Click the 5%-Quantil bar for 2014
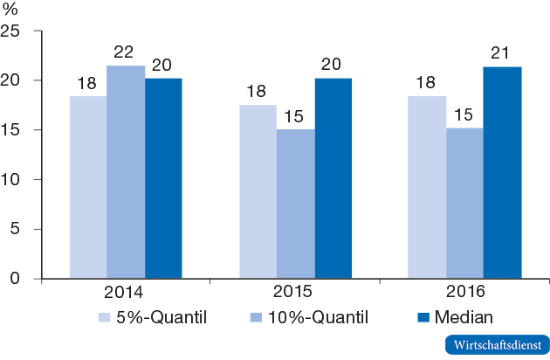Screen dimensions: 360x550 click(x=88, y=187)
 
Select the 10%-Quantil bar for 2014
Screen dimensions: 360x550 click(x=126, y=172)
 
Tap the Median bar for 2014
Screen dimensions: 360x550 click(x=163, y=178)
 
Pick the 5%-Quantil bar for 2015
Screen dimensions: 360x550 click(x=258, y=191)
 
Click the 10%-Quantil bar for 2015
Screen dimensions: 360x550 click(x=295, y=204)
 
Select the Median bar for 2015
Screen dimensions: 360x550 click(x=333, y=178)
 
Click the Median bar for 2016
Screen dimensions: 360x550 click(x=502, y=173)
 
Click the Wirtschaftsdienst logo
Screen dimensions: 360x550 click(x=494, y=344)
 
